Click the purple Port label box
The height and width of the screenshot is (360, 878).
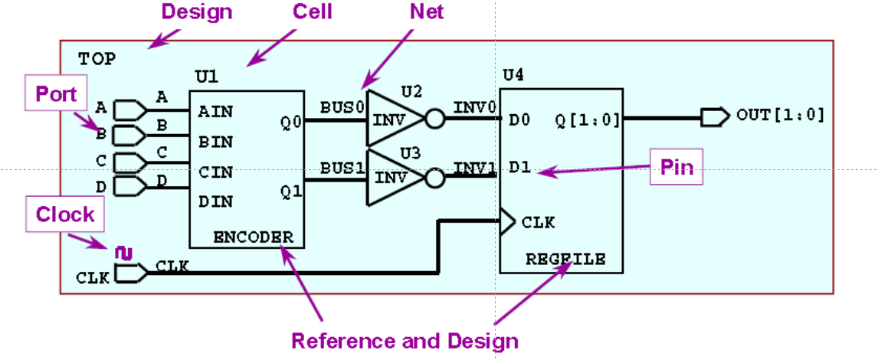coord(57,93)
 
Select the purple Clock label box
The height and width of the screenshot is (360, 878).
coord(65,214)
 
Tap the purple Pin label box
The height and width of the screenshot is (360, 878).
coord(677,168)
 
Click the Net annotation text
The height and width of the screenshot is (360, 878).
coord(427,11)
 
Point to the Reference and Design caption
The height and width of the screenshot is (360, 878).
coord(405,341)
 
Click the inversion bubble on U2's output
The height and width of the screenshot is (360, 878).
coord(434,119)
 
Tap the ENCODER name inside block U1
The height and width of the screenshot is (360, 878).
coord(252,237)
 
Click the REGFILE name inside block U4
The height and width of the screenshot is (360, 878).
coord(565,260)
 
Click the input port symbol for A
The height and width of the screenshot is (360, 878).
coord(129,111)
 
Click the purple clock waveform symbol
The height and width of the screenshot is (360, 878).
coord(123,251)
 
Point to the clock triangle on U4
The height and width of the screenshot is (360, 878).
coord(507,222)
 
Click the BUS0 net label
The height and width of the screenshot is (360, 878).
coord(342,106)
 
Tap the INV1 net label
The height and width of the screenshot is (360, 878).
coord(474,167)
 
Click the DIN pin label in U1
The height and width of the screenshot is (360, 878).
coord(215,202)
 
